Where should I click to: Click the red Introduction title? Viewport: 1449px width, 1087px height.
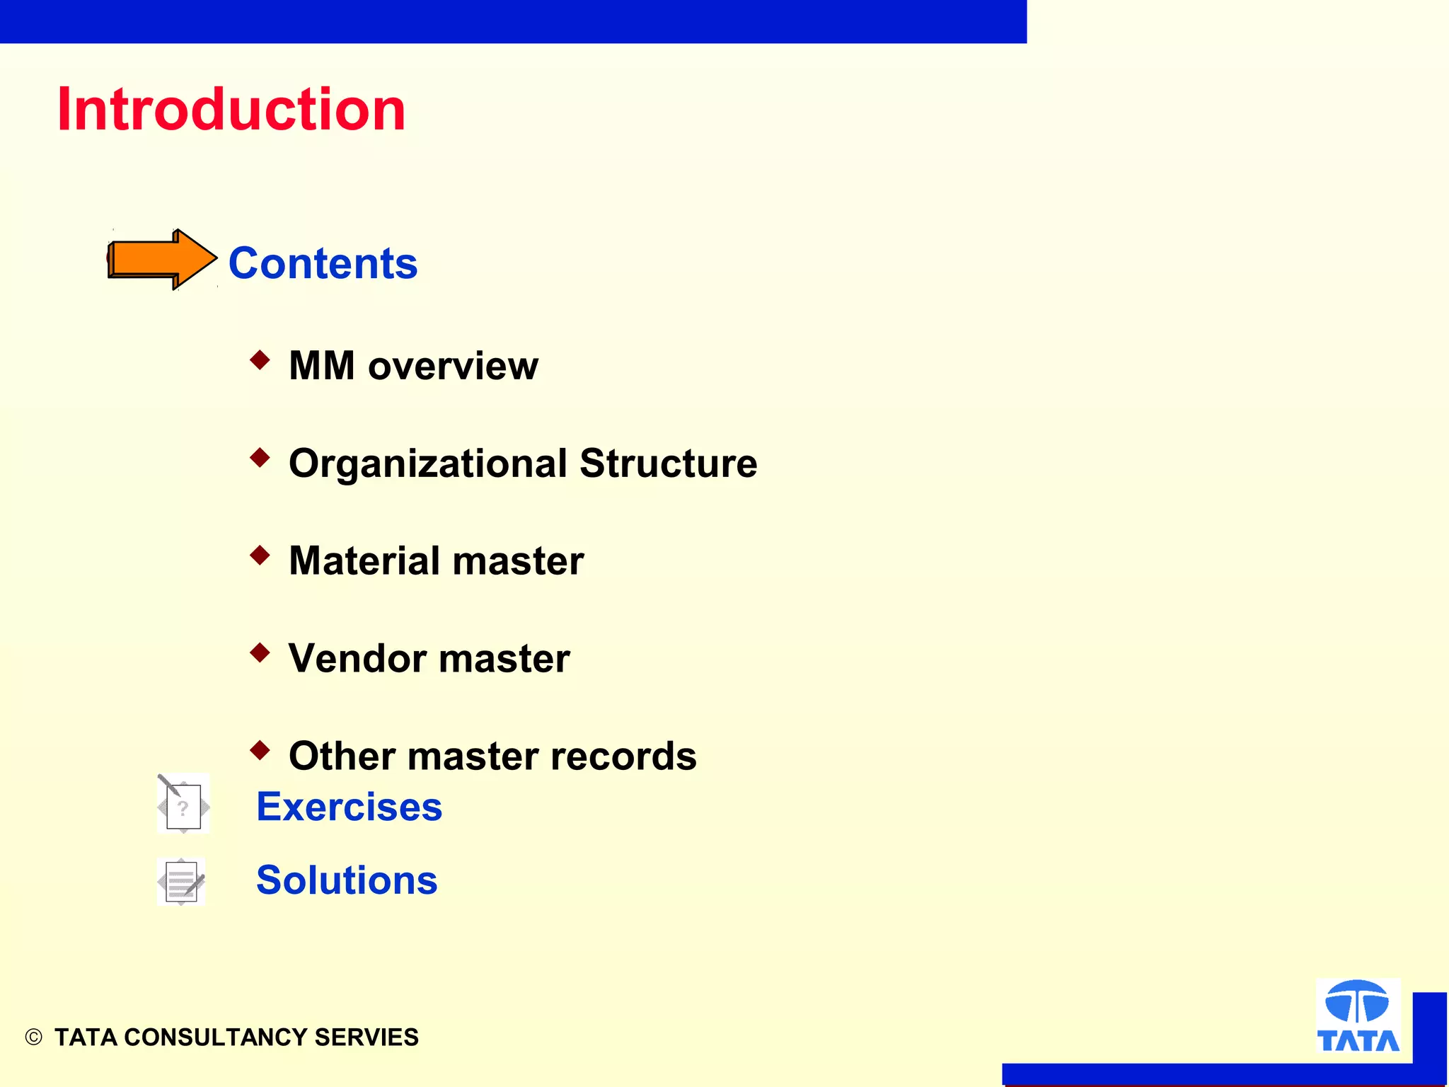point(231,110)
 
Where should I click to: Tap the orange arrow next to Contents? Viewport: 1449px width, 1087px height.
point(162,259)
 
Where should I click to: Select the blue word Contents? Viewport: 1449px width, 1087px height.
point(323,263)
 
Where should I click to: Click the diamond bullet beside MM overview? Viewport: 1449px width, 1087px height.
point(260,360)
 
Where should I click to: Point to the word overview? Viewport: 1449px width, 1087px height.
point(453,366)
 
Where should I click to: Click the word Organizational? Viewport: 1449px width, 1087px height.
point(428,464)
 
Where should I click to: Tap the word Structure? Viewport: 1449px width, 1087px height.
point(668,464)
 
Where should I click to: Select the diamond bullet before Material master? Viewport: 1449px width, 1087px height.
point(260,555)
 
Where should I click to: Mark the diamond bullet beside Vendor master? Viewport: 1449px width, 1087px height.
point(260,652)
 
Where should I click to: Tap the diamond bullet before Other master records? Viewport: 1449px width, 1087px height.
point(260,749)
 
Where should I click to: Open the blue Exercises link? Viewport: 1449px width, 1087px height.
point(349,807)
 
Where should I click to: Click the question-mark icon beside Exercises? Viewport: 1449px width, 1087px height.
point(183,805)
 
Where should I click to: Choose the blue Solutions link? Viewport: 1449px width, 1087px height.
point(347,880)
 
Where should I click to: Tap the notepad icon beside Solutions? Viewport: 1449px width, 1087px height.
point(181,881)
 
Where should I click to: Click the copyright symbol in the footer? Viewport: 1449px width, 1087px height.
point(33,1037)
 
